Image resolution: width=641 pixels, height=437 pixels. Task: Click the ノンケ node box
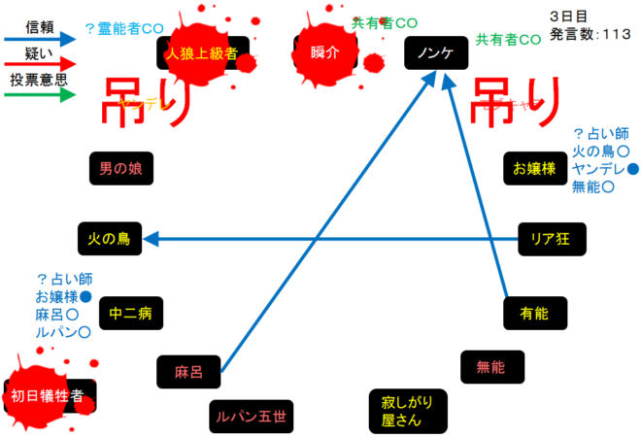coord(434,53)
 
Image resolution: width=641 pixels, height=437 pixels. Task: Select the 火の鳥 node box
coord(109,237)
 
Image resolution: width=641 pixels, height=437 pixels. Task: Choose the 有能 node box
coord(535,313)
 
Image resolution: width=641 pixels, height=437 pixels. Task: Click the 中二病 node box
coord(130,313)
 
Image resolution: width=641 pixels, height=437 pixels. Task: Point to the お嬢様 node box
coord(534,168)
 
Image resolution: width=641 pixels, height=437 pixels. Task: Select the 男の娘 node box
coord(120,168)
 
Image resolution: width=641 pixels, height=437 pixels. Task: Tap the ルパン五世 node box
coord(251,417)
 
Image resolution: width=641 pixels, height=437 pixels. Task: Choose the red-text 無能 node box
coord(491,367)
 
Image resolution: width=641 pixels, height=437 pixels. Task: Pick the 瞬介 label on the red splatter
coord(325,53)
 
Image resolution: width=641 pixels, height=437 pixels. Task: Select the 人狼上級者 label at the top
coord(202,53)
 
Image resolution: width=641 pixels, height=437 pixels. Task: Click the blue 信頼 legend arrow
coord(38,40)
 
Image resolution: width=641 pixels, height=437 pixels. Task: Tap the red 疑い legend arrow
coord(38,67)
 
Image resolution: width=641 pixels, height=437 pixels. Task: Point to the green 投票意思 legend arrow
coord(38,95)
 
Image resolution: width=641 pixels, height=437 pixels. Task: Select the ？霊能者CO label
coord(123,28)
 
